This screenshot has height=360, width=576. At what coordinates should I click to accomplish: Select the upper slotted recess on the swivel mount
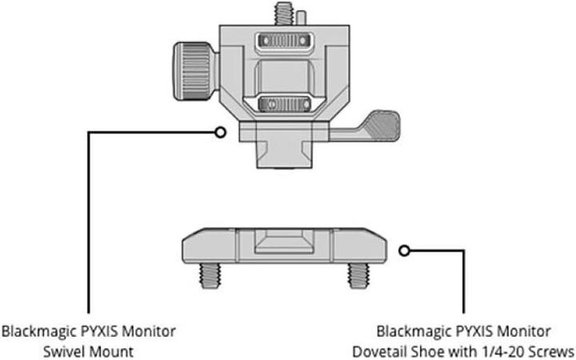click(x=286, y=41)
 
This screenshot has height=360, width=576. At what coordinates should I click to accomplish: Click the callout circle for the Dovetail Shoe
click(x=404, y=250)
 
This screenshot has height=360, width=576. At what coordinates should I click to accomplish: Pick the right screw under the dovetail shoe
click(x=357, y=274)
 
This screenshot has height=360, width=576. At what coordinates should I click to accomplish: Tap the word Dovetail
click(x=381, y=350)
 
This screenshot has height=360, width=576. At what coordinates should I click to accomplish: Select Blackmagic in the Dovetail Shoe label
click(x=409, y=330)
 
